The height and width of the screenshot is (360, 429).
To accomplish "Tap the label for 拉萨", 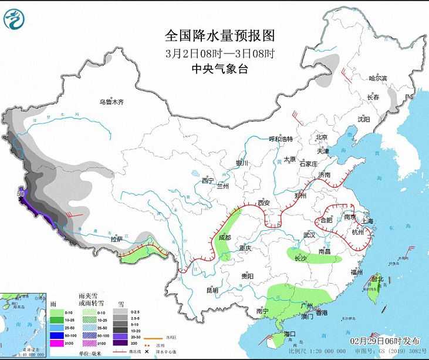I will [x=117, y=239].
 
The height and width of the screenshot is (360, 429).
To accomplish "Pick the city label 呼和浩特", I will [x=284, y=139].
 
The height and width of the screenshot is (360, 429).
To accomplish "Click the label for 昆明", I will [x=212, y=290].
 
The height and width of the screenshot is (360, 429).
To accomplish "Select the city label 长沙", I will [x=300, y=258].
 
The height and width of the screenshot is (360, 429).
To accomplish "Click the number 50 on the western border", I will [x=20, y=193].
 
